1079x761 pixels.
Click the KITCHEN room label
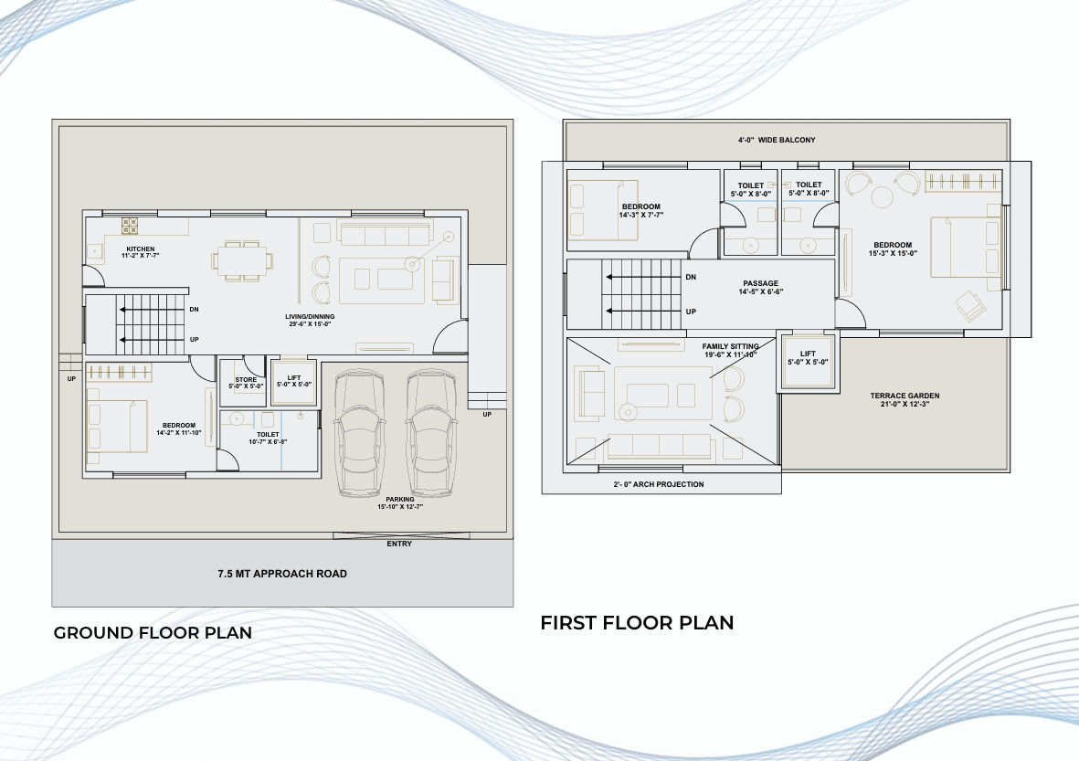point(141,249)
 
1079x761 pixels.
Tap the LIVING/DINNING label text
point(310,317)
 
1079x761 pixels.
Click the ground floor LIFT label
point(294,377)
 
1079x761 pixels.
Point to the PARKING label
point(400,500)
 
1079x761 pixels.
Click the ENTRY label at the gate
point(399,544)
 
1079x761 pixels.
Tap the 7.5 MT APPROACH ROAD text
point(282,574)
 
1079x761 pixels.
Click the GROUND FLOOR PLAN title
point(153,633)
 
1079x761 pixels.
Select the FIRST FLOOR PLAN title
point(637,623)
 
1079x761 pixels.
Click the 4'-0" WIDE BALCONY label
point(777,140)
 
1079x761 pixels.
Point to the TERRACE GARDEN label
point(904,396)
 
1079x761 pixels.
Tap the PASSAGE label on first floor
point(761,283)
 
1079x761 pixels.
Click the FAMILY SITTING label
point(730,347)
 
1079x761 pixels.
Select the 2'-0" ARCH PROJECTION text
point(659,484)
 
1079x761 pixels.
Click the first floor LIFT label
point(808,354)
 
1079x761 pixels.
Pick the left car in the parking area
point(358,433)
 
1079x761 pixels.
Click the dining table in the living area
point(242,261)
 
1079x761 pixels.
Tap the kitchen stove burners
point(130,226)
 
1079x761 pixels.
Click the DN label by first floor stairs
point(691,278)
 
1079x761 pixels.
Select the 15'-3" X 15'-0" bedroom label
point(893,253)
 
